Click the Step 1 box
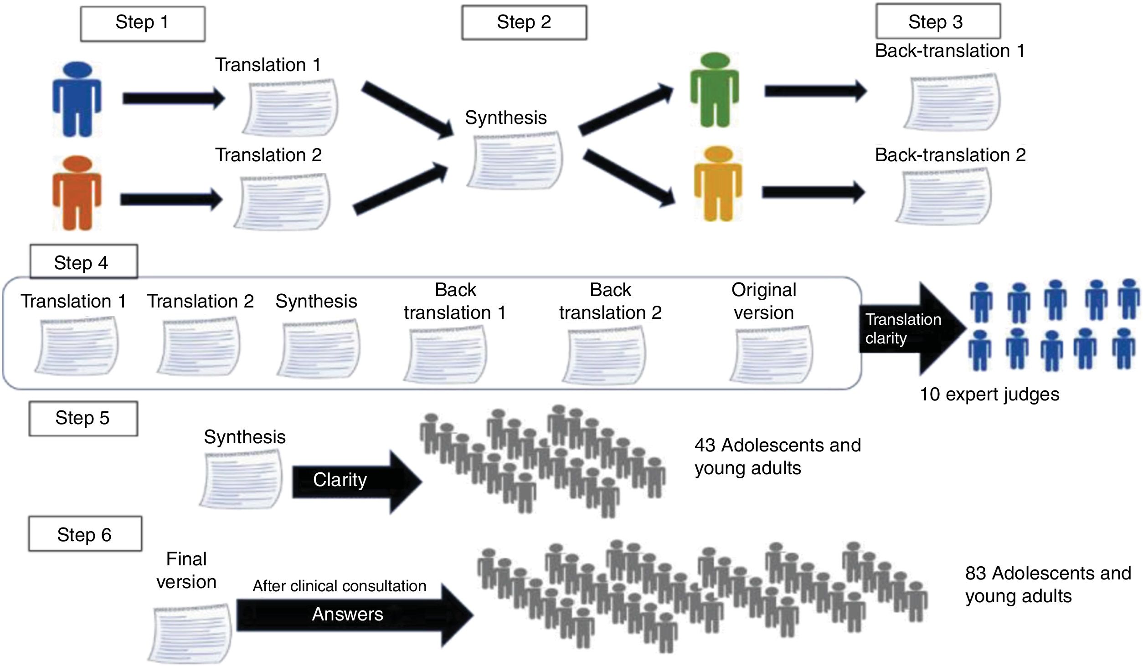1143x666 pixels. [x=143, y=24]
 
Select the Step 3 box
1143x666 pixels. [x=938, y=22]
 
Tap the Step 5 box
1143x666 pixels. [x=83, y=418]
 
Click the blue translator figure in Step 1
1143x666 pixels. [x=77, y=99]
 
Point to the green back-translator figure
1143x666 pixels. [x=714, y=90]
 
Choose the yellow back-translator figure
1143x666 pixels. [x=718, y=184]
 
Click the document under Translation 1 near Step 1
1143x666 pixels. [x=291, y=108]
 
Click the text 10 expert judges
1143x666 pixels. [x=989, y=394]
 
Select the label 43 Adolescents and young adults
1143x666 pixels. [x=777, y=456]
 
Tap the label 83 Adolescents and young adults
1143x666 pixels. [x=1048, y=584]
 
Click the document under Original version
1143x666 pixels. [x=772, y=354]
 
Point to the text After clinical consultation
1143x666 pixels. [x=340, y=586]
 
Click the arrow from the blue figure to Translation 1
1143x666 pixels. [x=174, y=98]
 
